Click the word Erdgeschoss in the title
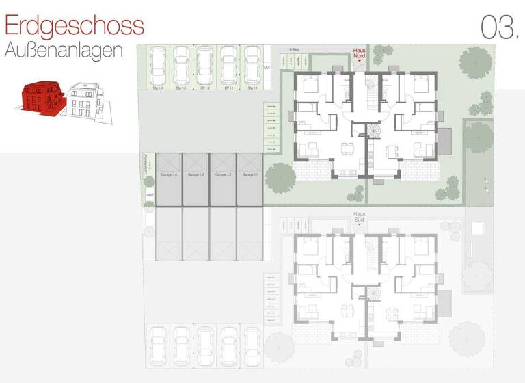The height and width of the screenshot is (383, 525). click(74, 25)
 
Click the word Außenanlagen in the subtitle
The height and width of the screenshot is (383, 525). click(63, 50)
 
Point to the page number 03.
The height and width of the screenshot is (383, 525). click(498, 27)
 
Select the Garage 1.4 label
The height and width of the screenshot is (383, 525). click(168, 176)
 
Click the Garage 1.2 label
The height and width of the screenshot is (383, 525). click(222, 176)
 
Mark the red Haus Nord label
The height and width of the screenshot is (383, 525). click(360, 52)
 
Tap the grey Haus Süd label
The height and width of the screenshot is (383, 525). click(360, 216)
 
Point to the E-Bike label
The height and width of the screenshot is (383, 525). click(295, 49)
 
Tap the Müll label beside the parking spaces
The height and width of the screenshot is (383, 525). click(267, 68)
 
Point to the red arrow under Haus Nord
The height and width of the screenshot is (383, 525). click(360, 61)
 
